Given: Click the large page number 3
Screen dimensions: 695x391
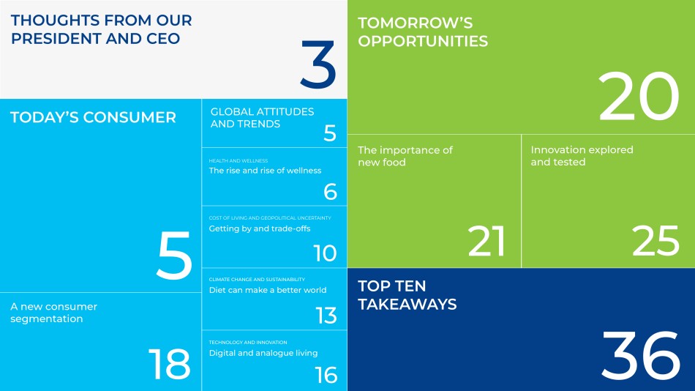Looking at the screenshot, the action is (318, 64).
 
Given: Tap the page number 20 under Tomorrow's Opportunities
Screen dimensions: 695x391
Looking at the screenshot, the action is (639, 97).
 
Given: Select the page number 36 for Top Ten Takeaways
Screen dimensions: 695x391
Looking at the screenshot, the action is (640, 354).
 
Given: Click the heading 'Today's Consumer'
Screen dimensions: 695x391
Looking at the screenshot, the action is (93, 117).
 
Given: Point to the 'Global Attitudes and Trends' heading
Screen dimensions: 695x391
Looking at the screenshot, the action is (262, 118).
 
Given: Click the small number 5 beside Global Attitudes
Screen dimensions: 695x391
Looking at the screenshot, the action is (330, 133).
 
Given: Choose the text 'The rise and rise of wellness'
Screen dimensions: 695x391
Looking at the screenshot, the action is (265, 171).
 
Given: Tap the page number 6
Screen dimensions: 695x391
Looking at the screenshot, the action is (330, 192).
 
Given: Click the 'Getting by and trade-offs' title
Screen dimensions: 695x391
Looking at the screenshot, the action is (259, 228).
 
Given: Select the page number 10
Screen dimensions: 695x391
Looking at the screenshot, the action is (325, 253).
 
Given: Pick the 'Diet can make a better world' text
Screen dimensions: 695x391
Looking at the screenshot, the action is (267, 290).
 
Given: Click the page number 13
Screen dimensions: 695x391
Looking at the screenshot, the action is (326, 316).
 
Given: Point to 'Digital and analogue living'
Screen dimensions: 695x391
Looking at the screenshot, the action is (263, 353).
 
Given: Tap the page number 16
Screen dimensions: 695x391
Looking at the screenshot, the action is (326, 376).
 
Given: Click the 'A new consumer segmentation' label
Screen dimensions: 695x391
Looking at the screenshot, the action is (53, 313).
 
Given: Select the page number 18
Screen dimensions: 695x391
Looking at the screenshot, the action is (169, 364).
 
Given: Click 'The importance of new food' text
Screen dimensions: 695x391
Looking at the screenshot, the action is (405, 156).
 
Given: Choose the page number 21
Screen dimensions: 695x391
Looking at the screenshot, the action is (487, 241).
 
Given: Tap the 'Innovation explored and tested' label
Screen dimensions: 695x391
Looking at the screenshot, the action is (582, 156).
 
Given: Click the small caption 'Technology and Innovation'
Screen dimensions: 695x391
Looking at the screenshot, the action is (248, 342).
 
